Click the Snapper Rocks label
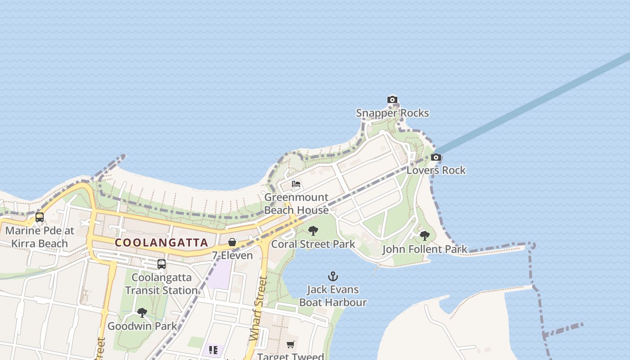[x=392, y=113]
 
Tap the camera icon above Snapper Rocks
[x=392, y=99]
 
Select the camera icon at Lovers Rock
[x=436, y=157]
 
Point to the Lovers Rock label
[x=436, y=170]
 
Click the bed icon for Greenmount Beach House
[x=296, y=184]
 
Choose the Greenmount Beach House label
[x=296, y=204]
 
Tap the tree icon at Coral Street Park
[x=313, y=231]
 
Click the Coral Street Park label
[x=313, y=244]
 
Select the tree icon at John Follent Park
[x=424, y=235]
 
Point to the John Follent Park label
[x=424, y=249]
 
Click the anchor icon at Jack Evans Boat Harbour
[x=333, y=276]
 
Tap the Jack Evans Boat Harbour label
[x=333, y=296]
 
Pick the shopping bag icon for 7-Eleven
[x=232, y=242]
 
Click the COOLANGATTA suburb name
[x=162, y=243]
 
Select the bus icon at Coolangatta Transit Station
[x=162, y=264]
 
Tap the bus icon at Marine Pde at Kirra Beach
[x=40, y=217]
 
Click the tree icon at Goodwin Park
[x=142, y=312]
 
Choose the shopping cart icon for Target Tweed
[x=291, y=344]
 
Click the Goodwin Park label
[x=142, y=326]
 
